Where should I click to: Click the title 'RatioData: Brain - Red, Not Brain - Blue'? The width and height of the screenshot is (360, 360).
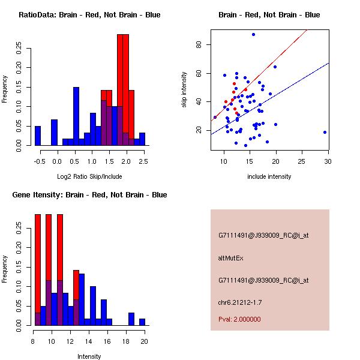pos(89,15)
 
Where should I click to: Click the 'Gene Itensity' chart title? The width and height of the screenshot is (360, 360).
pos(89,195)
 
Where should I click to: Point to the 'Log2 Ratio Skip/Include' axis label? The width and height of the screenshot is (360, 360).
pos(89,176)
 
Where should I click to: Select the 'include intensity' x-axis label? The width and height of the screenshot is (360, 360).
pos(269,176)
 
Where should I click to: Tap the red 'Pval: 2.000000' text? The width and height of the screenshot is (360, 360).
pos(239,319)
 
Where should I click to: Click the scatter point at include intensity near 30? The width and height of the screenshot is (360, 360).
pos(325,132)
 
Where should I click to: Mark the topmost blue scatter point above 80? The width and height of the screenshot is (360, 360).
pos(253,34)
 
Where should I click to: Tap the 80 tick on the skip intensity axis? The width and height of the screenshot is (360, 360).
pos(206,44)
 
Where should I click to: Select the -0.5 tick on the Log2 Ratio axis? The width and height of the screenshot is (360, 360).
pos(40,161)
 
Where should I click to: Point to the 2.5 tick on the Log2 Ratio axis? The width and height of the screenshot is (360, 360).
pos(143,161)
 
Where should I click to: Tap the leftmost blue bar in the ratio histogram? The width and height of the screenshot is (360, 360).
pos(38,136)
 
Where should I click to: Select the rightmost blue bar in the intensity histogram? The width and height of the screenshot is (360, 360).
pos(142,322)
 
